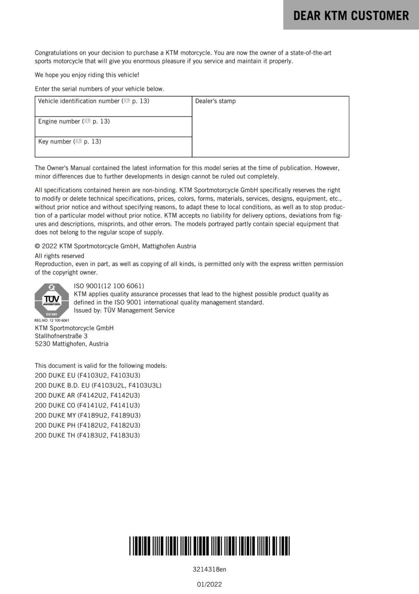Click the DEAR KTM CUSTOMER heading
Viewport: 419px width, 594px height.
click(351, 16)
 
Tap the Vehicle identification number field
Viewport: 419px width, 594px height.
click(113, 107)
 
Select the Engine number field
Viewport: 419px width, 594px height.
click(113, 127)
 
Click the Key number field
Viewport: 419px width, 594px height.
click(113, 147)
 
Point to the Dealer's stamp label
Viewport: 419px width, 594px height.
click(215, 101)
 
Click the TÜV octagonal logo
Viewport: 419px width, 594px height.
click(52, 300)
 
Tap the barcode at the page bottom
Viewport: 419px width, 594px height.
click(209, 546)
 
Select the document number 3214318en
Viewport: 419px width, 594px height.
click(209, 569)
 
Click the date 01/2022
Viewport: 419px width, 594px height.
click(209, 584)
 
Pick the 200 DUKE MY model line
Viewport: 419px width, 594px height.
click(88, 415)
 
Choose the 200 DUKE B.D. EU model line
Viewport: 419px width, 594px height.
click(98, 385)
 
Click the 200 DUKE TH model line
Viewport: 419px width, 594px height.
click(88, 435)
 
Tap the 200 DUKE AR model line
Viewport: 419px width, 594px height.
click(88, 395)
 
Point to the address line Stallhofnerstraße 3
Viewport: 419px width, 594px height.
click(61, 336)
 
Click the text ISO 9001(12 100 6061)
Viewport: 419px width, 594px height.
click(109, 286)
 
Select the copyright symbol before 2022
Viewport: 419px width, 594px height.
click(37, 246)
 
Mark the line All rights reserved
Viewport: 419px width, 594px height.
click(59, 256)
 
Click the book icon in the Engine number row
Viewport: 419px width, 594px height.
click(87, 121)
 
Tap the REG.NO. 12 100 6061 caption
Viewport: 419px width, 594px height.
click(52, 320)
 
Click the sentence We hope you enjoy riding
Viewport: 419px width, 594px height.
click(87, 75)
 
